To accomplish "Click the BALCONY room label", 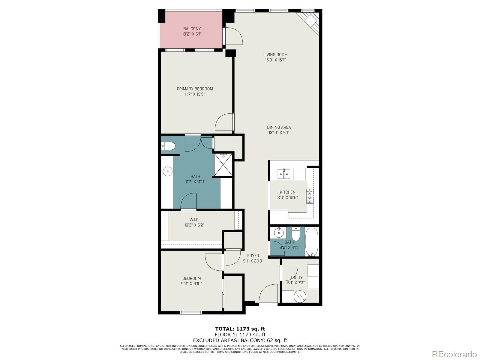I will [x=192, y=29].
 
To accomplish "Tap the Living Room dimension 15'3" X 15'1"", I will [x=275, y=60].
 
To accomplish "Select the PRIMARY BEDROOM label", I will [x=195, y=89].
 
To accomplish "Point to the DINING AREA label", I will [x=279, y=127].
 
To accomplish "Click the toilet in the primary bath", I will [x=168, y=146].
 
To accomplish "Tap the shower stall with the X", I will [x=223, y=164].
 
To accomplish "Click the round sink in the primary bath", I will [x=167, y=172].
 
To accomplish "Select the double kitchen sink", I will [x=283, y=174].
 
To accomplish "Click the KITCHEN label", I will [x=287, y=192].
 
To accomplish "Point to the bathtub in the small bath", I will [x=312, y=242].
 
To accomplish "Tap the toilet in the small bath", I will [x=296, y=234].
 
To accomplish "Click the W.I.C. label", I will [x=194, y=220].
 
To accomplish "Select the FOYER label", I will [x=253, y=256].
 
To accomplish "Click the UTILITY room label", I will [x=296, y=277].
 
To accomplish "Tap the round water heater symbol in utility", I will [x=300, y=297].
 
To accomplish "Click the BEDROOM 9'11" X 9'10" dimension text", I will [x=191, y=283].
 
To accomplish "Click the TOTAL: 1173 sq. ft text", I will [x=240, y=329].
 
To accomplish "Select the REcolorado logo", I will [x=454, y=354].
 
